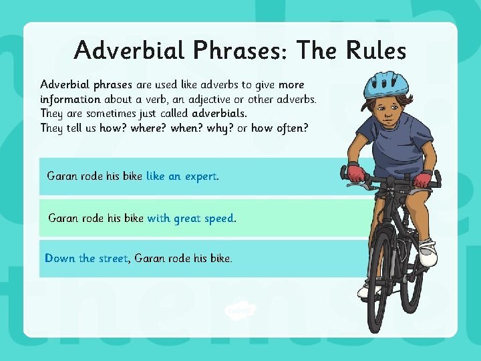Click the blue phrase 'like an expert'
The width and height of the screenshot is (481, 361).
[x=182, y=176]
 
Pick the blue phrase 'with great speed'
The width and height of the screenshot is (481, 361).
[x=190, y=218]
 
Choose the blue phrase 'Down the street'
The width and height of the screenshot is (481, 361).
[x=86, y=258]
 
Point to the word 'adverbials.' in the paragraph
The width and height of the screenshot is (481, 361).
[x=219, y=114]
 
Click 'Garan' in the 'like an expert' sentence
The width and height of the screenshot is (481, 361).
[x=62, y=176]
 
